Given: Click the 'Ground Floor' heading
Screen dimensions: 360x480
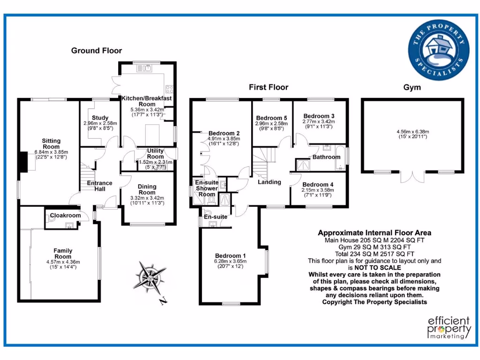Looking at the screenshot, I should click(96, 51).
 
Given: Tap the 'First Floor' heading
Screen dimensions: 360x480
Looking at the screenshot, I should click(268, 87).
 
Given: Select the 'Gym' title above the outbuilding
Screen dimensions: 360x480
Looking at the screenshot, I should click(412, 87).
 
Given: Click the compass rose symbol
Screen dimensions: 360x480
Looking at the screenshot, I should click(149, 277).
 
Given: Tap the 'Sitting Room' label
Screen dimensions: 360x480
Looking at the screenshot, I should click(51, 143).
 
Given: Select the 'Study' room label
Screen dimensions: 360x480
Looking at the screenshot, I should click(100, 118).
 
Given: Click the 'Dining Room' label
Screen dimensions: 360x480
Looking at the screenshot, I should click(147, 189).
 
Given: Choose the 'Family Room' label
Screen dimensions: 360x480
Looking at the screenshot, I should click(63, 254).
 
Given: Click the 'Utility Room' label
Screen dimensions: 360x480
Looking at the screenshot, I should click(156, 154).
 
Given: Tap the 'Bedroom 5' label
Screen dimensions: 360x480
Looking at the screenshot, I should click(272, 118).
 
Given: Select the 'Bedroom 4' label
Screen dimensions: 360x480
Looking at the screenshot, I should click(318, 185).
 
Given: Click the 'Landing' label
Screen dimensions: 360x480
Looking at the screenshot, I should click(270, 182).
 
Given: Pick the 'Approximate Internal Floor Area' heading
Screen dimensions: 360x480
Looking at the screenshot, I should click(375, 232).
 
